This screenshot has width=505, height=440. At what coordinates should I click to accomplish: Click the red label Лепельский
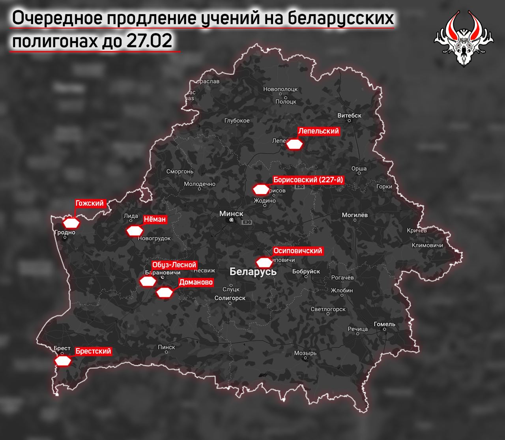318,131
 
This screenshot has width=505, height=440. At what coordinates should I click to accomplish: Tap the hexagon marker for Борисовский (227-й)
260,190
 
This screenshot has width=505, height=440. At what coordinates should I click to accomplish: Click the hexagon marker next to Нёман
134,231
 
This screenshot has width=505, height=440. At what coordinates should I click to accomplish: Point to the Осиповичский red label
298,251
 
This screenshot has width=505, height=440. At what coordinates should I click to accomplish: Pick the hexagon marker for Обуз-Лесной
148,281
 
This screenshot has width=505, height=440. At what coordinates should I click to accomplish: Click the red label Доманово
196,282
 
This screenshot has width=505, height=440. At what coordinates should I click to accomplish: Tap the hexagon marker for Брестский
63,361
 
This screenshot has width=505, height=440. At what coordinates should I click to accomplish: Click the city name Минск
231,213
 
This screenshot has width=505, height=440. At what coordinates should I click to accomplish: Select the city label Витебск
350,115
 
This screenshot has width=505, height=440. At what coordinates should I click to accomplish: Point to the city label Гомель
384,324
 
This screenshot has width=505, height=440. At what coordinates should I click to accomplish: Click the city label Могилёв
355,215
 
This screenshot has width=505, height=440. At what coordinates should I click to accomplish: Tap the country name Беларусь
253,271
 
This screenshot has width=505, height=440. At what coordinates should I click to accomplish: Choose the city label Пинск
166,347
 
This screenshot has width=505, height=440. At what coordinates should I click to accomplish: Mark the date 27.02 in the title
149,41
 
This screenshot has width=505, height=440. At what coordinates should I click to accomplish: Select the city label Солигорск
230,298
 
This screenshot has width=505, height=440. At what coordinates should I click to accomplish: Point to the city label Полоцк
286,101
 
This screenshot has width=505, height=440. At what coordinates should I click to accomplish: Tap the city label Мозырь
305,353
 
